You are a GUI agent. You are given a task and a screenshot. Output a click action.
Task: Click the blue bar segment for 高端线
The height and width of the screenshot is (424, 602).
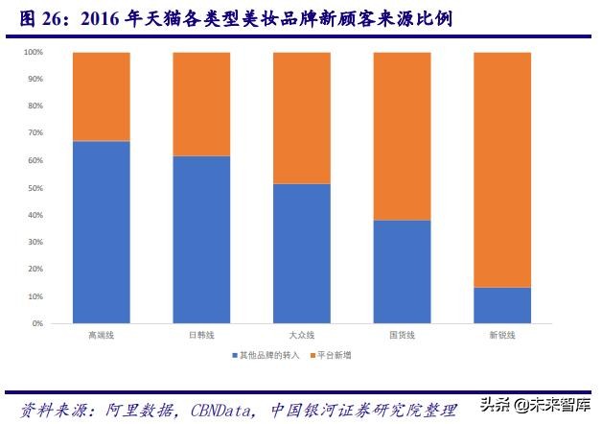[102, 232]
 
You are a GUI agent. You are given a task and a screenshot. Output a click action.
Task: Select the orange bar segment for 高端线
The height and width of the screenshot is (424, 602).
[102, 96]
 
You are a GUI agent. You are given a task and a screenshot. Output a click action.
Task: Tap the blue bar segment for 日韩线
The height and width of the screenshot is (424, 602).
[201, 240]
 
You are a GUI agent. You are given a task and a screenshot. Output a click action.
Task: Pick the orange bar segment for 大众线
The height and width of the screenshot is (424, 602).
[302, 117]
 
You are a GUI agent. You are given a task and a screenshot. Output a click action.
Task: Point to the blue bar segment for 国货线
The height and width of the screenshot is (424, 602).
[402, 271]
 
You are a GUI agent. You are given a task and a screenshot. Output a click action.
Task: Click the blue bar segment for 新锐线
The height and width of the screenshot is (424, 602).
[502, 305]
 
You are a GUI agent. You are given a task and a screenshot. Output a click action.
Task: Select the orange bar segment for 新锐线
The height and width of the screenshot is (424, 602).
[502, 169]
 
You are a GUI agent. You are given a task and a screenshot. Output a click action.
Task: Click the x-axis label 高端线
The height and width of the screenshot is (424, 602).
[101, 336]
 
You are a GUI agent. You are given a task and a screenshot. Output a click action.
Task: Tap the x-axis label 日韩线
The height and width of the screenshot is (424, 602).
[201, 336]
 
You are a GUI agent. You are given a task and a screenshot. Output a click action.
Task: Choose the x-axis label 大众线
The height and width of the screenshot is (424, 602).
[302, 336]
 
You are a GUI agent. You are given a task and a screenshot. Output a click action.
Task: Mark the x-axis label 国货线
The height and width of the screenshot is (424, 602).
[402, 336]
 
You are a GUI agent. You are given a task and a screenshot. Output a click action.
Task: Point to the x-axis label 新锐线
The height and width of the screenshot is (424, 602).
[502, 336]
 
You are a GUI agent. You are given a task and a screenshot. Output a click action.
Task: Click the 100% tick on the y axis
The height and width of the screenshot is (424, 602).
[34, 52]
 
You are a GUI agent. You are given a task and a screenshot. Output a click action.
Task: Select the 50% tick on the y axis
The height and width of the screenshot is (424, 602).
[35, 188]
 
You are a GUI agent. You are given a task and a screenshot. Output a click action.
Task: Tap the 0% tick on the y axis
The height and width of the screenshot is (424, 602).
[37, 324]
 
